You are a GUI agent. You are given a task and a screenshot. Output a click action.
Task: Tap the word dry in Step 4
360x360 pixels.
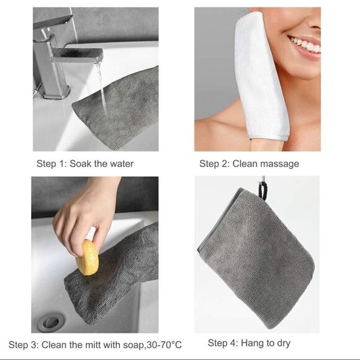tap(282, 343)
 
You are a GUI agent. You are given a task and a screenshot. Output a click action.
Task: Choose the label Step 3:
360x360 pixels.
tap(23, 344)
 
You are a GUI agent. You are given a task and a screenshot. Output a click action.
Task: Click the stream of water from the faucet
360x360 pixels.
tap(101, 93)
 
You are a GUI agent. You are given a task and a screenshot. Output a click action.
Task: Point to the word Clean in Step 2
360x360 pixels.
tap(246, 164)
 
